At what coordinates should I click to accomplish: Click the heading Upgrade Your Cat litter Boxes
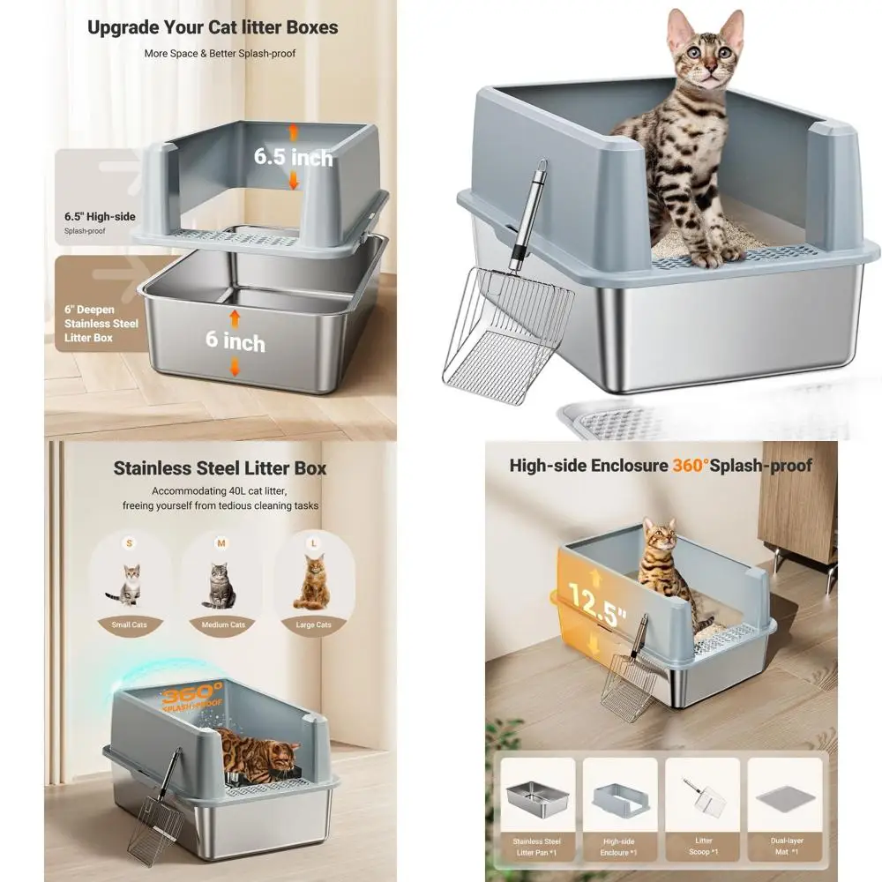(213, 27)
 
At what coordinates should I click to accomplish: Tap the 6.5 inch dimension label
(294, 157)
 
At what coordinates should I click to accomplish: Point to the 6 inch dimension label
(235, 341)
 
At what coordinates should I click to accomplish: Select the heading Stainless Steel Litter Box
(220, 467)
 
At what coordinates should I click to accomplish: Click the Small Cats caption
(129, 624)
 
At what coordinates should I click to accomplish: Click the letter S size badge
(130, 544)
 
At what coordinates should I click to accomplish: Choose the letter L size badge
(310, 544)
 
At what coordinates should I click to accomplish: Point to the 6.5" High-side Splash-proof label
(92, 220)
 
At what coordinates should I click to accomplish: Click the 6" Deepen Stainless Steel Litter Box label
(101, 324)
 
